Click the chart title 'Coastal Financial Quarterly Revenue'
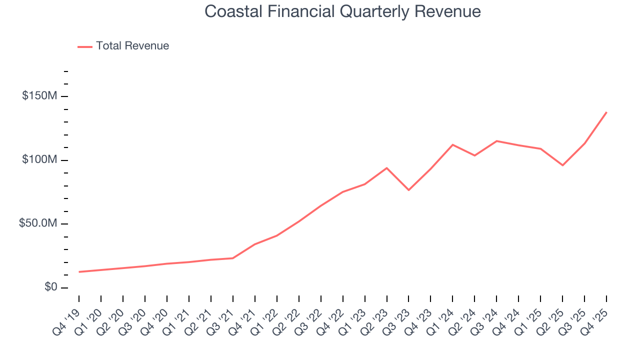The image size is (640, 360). tap(342, 11)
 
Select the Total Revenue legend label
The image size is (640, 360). tap(132, 46)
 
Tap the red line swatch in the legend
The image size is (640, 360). tap(85, 46)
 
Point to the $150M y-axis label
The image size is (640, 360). tap(39, 96)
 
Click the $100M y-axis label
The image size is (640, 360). tap(39, 160)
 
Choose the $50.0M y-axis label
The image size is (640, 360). tap(38, 223)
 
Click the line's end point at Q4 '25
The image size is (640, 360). tap(606, 112)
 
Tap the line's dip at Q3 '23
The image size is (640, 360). tap(408, 190)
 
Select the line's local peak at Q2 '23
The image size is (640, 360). tap(386, 168)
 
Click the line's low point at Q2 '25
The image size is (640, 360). tap(562, 165)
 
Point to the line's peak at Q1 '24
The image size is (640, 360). tap(452, 144)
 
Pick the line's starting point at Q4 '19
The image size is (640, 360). tap(79, 272)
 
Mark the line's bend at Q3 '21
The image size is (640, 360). tap(233, 258)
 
